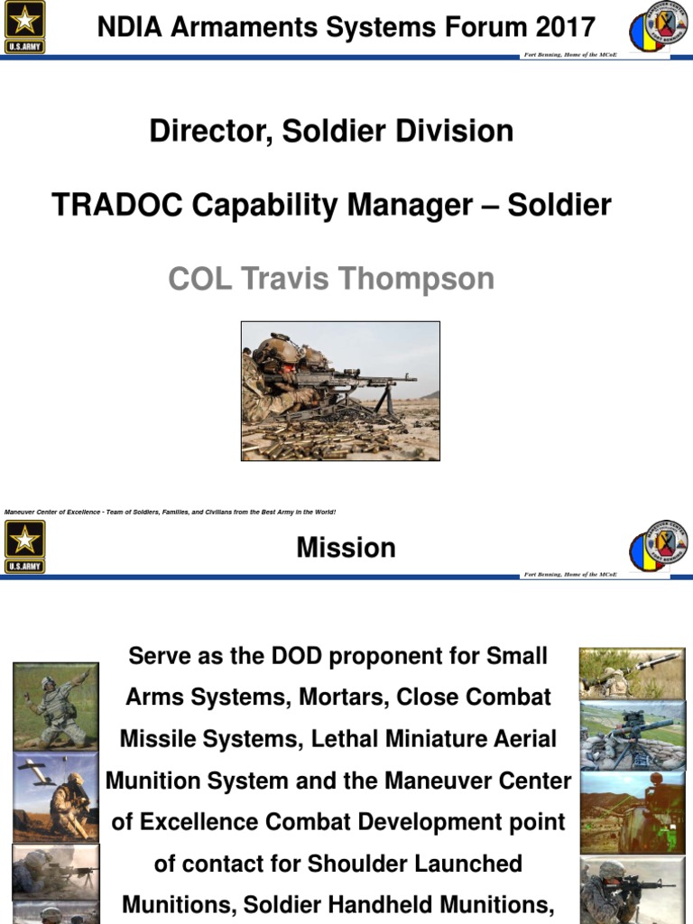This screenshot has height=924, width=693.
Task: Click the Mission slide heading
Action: (x=346, y=548)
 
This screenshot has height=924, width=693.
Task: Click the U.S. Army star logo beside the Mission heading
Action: (x=24, y=547)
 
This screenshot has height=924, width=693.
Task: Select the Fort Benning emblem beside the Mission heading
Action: (x=658, y=547)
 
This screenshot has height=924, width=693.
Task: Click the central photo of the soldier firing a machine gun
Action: (x=340, y=391)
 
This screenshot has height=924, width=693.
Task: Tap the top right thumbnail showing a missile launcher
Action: (x=632, y=672)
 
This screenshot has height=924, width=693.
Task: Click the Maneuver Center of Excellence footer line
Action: (x=170, y=512)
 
